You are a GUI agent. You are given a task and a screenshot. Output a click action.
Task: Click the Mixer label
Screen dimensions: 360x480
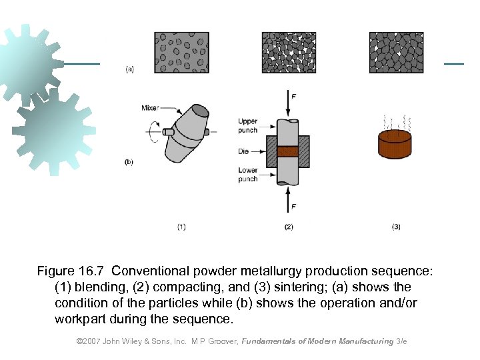[150, 108]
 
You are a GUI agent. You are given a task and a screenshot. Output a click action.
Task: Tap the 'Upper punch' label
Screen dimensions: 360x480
[247, 125]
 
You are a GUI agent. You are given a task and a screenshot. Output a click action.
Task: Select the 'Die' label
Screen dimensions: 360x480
[243, 151]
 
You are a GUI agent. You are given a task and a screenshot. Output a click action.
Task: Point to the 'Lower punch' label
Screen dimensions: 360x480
[247, 175]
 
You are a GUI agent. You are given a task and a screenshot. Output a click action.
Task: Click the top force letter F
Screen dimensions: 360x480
[294, 97]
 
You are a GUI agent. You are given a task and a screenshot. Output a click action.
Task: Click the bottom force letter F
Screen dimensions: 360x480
[294, 207]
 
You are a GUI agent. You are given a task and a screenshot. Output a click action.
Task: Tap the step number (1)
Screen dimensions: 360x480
[181, 227]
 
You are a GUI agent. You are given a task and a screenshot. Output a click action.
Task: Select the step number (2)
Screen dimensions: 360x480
[289, 227]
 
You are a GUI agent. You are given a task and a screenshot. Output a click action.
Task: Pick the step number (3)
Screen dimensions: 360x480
[396, 227]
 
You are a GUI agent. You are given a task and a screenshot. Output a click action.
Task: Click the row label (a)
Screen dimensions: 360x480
[129, 69]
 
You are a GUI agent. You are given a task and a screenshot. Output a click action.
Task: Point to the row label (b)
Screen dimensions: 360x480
[129, 162]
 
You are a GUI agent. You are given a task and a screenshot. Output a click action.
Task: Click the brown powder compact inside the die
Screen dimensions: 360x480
[288, 151]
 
